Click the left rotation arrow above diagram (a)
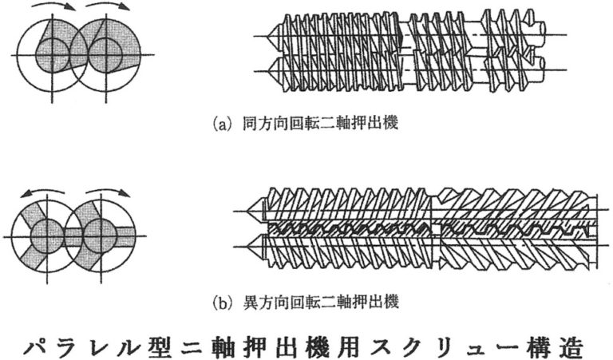[x=51, y=9]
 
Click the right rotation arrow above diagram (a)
[x=107, y=9]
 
